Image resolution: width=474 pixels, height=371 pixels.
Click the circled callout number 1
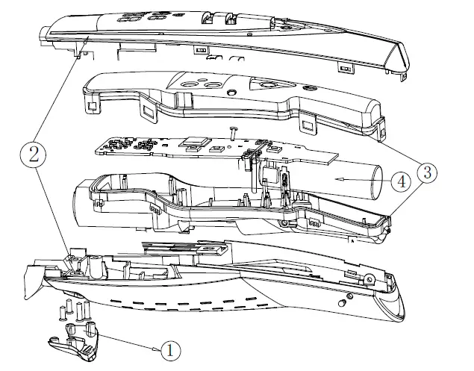click(170, 349)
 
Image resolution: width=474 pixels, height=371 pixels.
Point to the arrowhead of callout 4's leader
click(337, 179)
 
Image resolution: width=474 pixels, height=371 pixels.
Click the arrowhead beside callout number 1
click(157, 348)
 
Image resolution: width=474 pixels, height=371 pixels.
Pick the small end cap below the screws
click(73, 344)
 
